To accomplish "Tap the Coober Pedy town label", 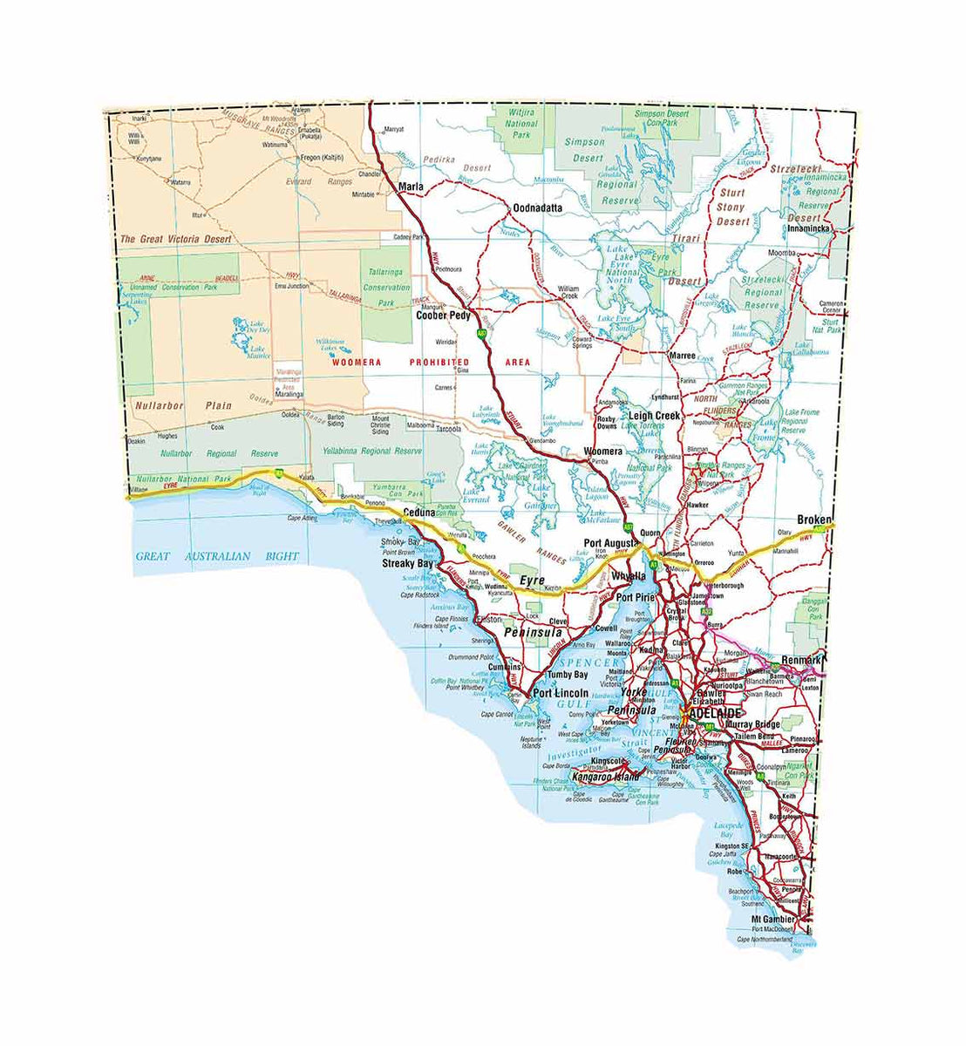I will [443, 316].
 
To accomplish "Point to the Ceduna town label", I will [418, 513].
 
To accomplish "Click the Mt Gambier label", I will [772, 920].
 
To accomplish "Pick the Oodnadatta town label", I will [538, 208].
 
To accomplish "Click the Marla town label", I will [410, 187].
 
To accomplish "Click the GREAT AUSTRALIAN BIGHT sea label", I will [217, 556].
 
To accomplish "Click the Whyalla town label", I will [628, 576].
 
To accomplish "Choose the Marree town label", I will [682, 357].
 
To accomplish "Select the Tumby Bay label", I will [567, 675].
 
